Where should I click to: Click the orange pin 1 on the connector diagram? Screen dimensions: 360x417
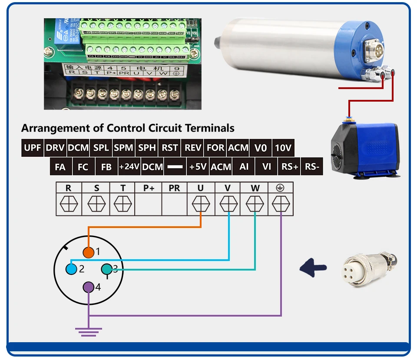pos(89,252)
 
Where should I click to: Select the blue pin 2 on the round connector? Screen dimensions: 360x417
pos(71,269)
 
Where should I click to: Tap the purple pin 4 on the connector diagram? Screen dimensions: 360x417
pos(89,287)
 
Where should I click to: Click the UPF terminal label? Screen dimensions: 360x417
pos(33,148)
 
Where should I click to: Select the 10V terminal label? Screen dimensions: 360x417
pos(283,148)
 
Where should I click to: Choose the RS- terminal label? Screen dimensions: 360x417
pos(312,167)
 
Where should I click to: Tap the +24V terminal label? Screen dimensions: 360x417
pos(129,167)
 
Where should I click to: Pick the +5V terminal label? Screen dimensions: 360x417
pos(198,167)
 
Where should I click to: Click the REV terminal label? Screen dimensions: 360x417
pos(193,148)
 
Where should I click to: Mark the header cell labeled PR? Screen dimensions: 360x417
pos(174,188)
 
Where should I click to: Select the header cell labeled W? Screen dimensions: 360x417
pos(255,188)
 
